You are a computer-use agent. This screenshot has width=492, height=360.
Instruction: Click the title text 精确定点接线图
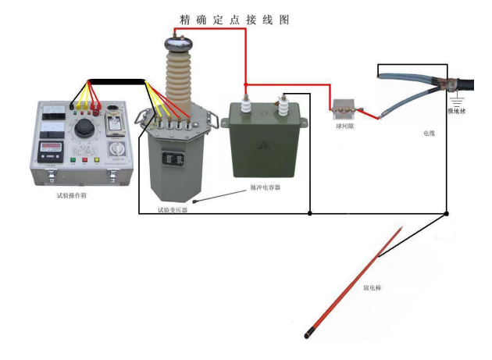pyautogui.click(x=234, y=20)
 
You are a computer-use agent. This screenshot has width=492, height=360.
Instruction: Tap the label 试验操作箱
pyautogui.click(x=72, y=195)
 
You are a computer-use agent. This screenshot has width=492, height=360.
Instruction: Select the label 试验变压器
pyautogui.click(x=173, y=210)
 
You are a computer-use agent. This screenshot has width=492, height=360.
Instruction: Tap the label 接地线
pyautogui.click(x=455, y=111)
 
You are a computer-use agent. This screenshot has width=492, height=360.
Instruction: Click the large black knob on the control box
pyautogui.click(x=84, y=128)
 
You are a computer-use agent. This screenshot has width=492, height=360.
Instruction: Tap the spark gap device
pyautogui.click(x=344, y=108)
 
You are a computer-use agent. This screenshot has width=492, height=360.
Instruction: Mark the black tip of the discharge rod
pyautogui.click(x=308, y=336)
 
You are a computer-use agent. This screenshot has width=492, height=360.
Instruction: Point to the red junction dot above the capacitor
pyautogui.click(x=246, y=84)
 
